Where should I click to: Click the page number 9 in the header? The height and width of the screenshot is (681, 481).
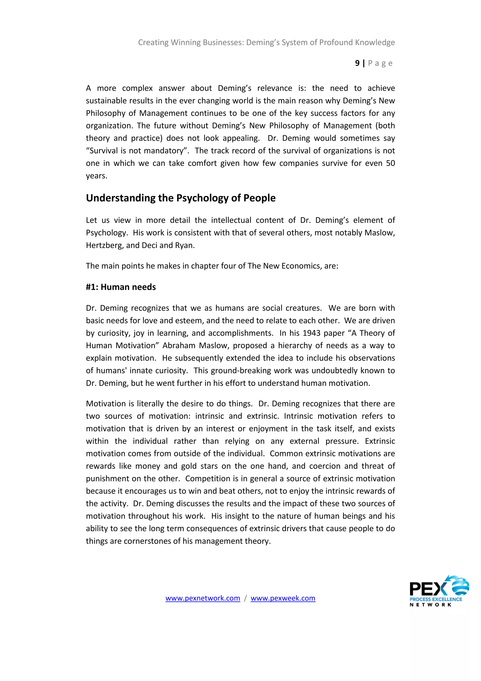pyautogui.click(x=357, y=63)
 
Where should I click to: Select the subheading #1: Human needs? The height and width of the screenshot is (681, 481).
pyautogui.click(x=121, y=287)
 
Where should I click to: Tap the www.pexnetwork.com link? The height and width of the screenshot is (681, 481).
pyautogui.click(x=203, y=598)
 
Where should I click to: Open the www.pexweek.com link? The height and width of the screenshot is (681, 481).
pyautogui.click(x=283, y=598)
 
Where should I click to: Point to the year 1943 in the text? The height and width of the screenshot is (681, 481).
pyautogui.click(x=311, y=333)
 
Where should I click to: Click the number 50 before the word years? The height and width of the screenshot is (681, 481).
pyautogui.click(x=390, y=163)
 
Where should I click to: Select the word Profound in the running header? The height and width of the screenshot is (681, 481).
pyautogui.click(x=336, y=42)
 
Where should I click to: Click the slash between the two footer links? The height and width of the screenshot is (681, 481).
pyautogui.click(x=245, y=598)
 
